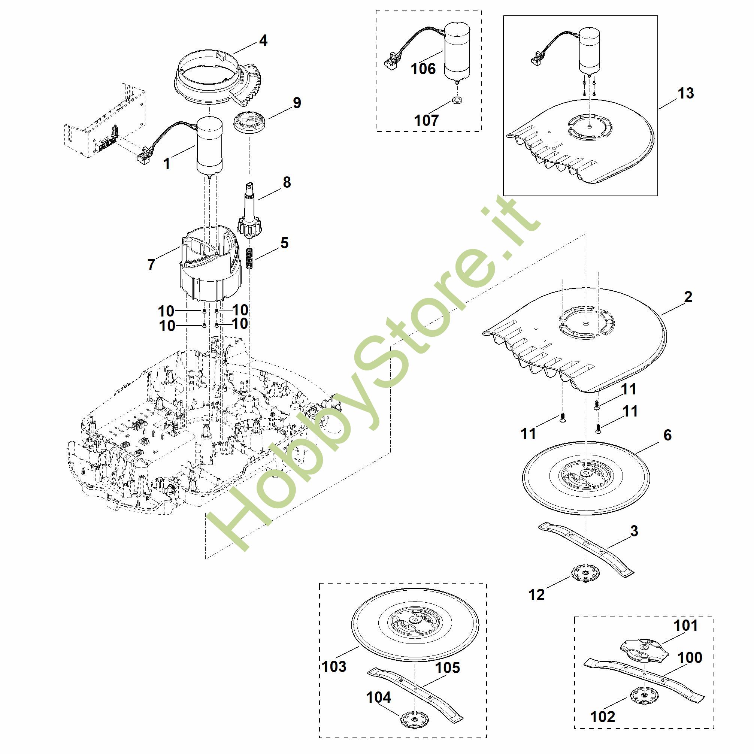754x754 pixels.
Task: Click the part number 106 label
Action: [x=423, y=69]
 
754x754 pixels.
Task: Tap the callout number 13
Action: [x=686, y=93]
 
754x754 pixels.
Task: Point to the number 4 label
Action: [x=263, y=40]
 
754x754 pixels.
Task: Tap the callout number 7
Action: [x=151, y=264]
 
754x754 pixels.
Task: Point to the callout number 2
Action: [x=688, y=297]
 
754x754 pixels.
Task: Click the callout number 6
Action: [x=667, y=435]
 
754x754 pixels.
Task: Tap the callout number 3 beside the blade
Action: [x=634, y=531]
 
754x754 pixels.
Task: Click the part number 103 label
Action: [x=334, y=667]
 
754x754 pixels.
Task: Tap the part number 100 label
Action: [x=690, y=658]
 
